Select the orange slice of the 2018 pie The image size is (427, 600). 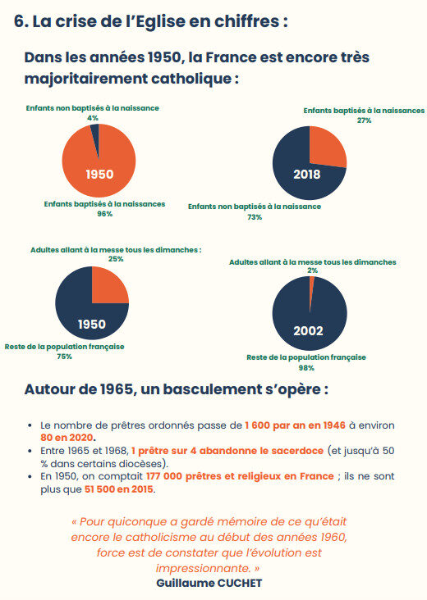325,146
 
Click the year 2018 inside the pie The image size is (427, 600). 306,175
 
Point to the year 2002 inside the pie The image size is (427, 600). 308,330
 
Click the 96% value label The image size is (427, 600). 104,214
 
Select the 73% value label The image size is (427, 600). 255,217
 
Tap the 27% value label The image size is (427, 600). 364,120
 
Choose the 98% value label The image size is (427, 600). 306,368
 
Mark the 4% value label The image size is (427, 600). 92,118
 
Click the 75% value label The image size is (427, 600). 64,357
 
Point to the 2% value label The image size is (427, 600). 312,270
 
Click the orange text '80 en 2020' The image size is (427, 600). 67,438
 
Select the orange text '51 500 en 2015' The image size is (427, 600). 119,489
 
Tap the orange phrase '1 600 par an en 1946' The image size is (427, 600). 295,425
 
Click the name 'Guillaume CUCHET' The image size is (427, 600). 209,583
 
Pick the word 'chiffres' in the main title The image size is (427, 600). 247,21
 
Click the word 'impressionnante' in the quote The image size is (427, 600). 203,568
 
